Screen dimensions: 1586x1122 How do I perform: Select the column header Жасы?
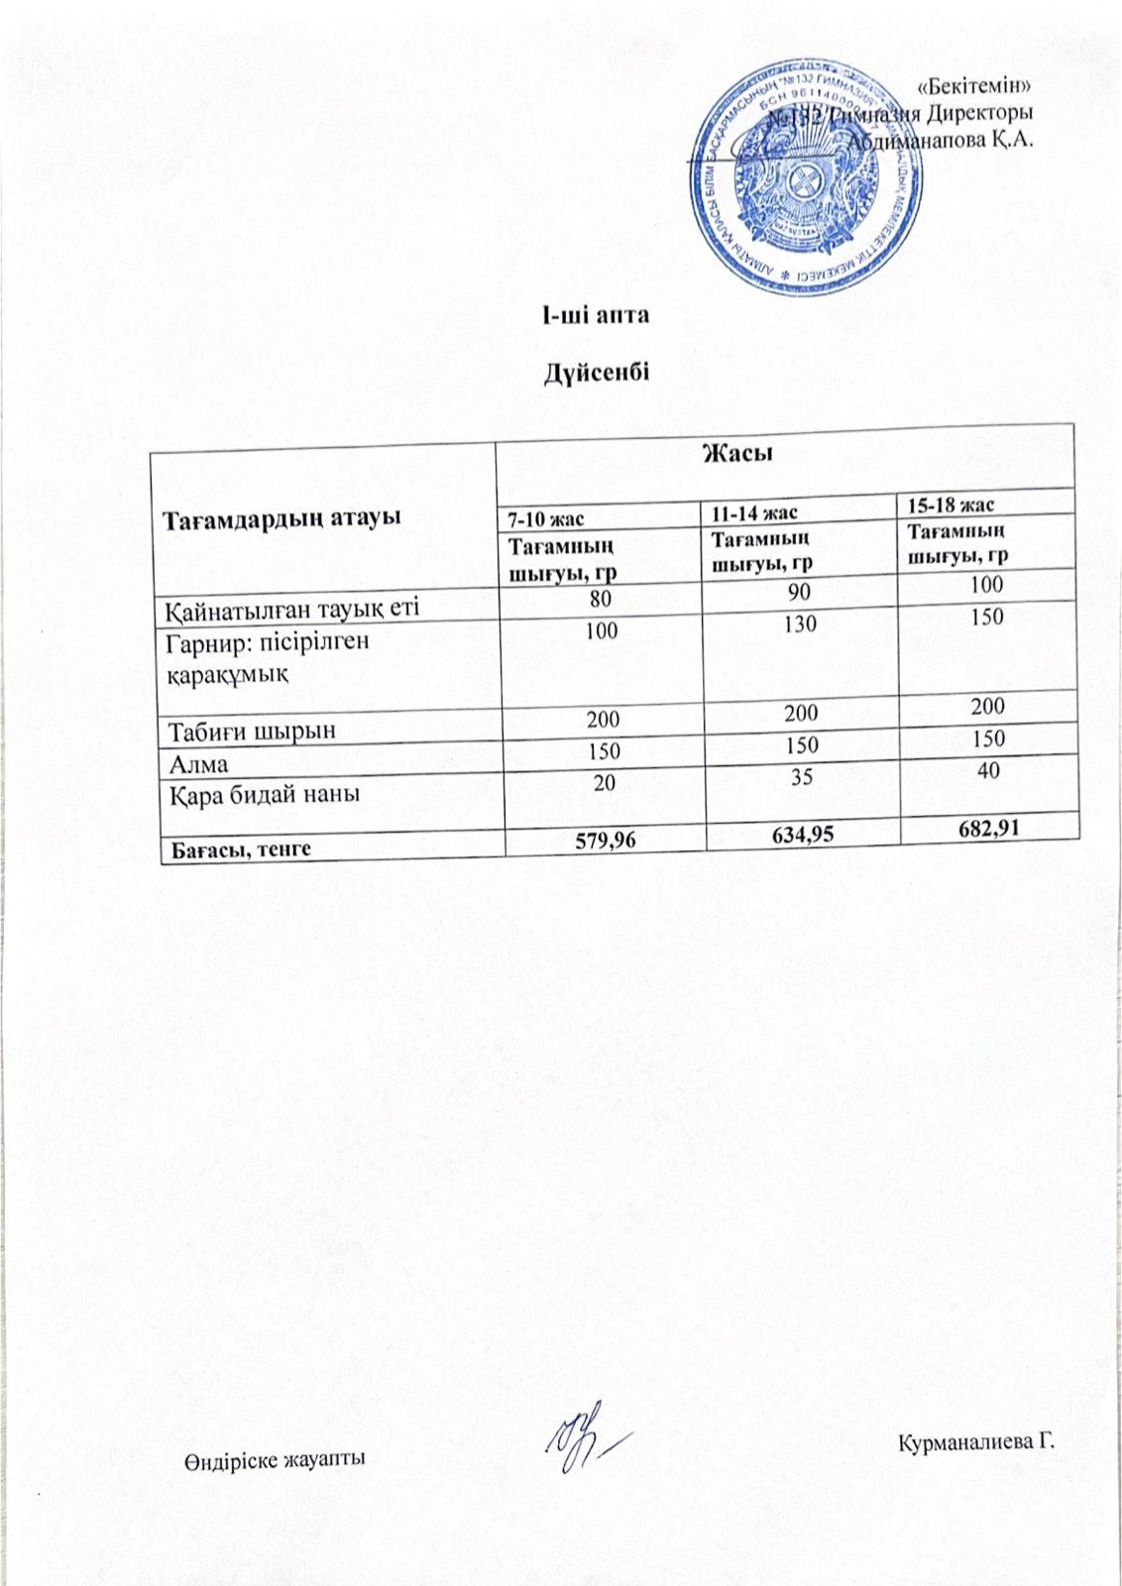click(737, 454)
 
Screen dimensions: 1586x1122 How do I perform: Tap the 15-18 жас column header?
click(952, 506)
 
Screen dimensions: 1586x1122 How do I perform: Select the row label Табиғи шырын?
click(252, 732)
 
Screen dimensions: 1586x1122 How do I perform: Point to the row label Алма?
click(197, 764)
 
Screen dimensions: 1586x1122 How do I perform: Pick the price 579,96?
click(606, 841)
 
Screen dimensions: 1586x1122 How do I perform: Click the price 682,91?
click(986, 826)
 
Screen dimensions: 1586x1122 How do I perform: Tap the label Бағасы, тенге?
click(239, 849)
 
